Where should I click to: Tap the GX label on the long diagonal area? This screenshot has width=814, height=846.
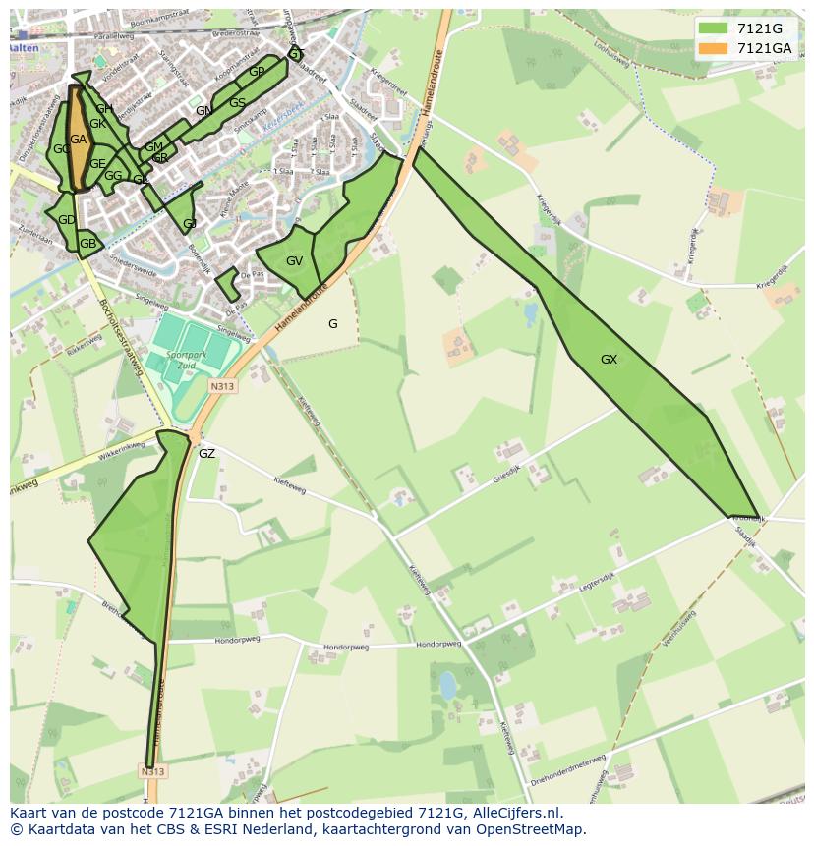[609, 360]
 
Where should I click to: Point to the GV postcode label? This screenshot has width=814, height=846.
[294, 261]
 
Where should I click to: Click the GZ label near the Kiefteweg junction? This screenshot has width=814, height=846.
[206, 454]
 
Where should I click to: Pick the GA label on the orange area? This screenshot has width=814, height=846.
[79, 140]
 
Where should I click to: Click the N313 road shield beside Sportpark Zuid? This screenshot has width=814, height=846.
[222, 387]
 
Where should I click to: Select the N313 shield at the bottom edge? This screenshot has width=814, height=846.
[152, 771]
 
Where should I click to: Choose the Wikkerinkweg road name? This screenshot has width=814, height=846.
[122, 454]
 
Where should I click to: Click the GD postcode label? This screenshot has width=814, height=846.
[66, 220]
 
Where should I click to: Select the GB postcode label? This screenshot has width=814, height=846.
[87, 244]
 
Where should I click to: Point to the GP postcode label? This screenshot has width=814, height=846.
[257, 72]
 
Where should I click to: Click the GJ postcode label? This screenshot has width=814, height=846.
[190, 224]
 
